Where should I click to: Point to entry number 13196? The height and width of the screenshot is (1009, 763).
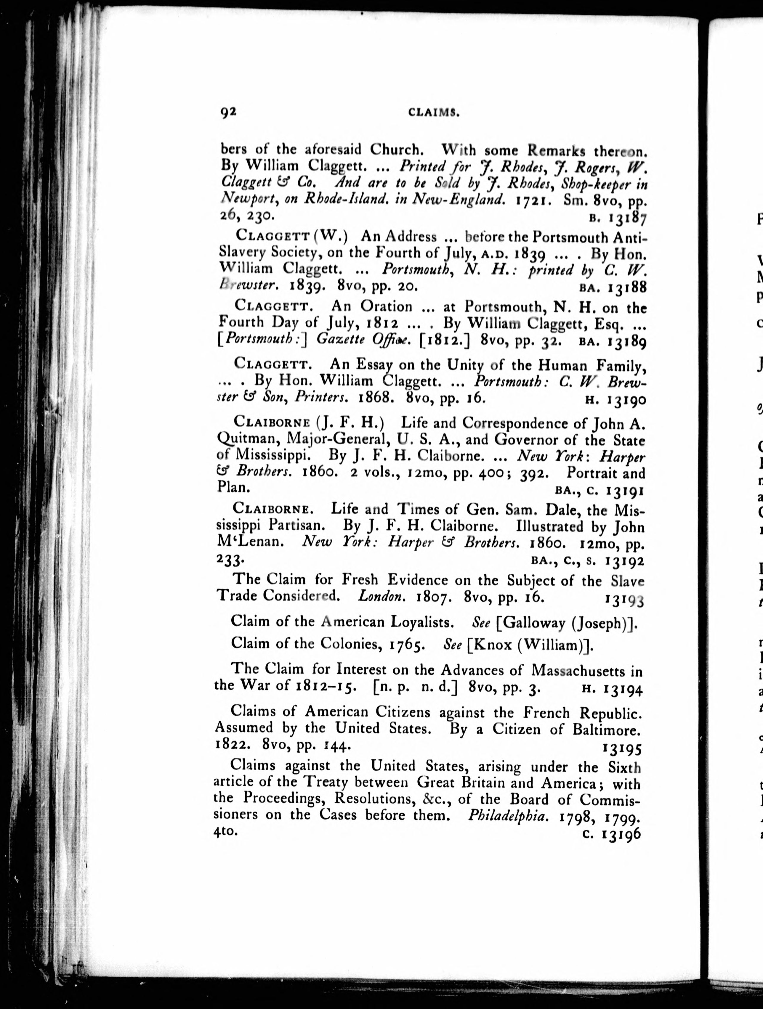(x=621, y=834)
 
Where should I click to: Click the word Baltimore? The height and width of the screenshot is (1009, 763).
(x=606, y=730)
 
